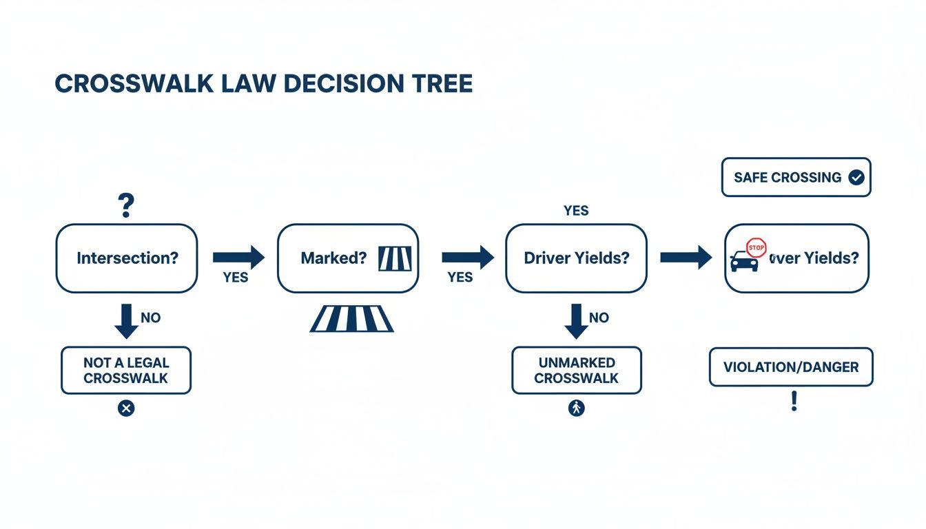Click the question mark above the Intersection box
tap(125, 206)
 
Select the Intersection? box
tap(127, 258)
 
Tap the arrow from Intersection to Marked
tap(238, 258)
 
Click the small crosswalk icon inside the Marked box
tap(395, 258)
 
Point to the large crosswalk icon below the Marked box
tap(352, 319)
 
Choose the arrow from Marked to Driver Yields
tap(468, 258)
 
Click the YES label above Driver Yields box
tap(576, 211)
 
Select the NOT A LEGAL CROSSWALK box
tap(126, 371)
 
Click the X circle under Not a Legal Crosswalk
tap(126, 408)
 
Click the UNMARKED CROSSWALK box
tap(577, 371)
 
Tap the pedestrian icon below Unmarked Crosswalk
tap(577, 408)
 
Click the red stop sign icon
tap(757, 247)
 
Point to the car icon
tap(744, 262)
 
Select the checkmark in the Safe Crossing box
tap(856, 178)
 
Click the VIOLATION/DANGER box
tap(791, 367)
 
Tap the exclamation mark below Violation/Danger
tap(794, 402)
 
